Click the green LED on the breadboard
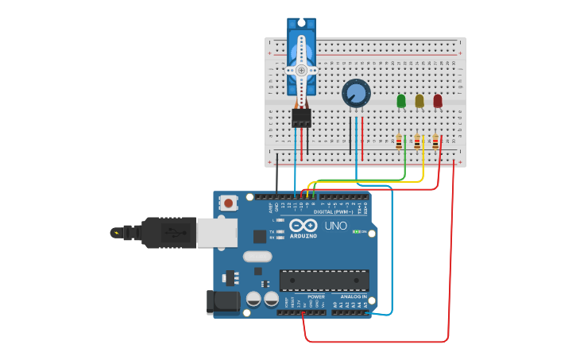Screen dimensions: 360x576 point(401,101)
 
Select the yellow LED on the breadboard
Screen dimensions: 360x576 point(419,101)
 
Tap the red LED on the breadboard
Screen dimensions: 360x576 point(438,101)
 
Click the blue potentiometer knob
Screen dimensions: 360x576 point(356,94)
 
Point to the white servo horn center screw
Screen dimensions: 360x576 point(301,70)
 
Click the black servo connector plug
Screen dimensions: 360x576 point(301,118)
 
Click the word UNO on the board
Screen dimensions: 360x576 point(336,226)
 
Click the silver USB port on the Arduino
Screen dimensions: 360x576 point(217,232)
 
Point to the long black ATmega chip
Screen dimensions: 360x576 point(324,280)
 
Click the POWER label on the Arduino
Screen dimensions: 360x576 point(316,296)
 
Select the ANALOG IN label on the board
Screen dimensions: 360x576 point(354,296)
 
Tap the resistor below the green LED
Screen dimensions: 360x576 point(399,142)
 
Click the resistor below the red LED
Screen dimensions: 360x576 point(435,142)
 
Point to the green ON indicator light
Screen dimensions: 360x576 point(355,231)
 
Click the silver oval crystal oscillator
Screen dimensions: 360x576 point(257,257)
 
